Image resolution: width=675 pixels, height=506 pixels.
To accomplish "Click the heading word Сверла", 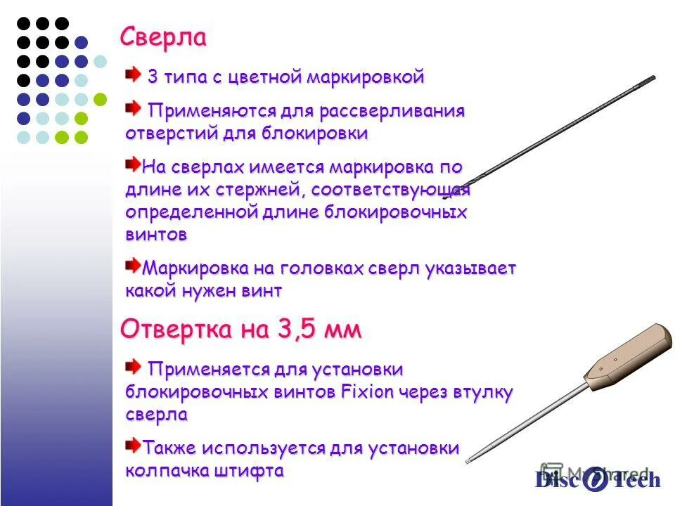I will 163,37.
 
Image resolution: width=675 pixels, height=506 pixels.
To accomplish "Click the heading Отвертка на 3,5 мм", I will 240,329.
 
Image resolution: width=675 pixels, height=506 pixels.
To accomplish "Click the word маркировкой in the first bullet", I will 365,77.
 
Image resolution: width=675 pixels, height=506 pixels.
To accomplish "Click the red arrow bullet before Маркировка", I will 133,265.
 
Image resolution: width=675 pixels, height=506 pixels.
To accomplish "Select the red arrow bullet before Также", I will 133,444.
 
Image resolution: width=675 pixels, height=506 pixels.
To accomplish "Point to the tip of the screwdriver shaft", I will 469,459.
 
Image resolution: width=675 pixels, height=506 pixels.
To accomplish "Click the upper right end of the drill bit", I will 652,77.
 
